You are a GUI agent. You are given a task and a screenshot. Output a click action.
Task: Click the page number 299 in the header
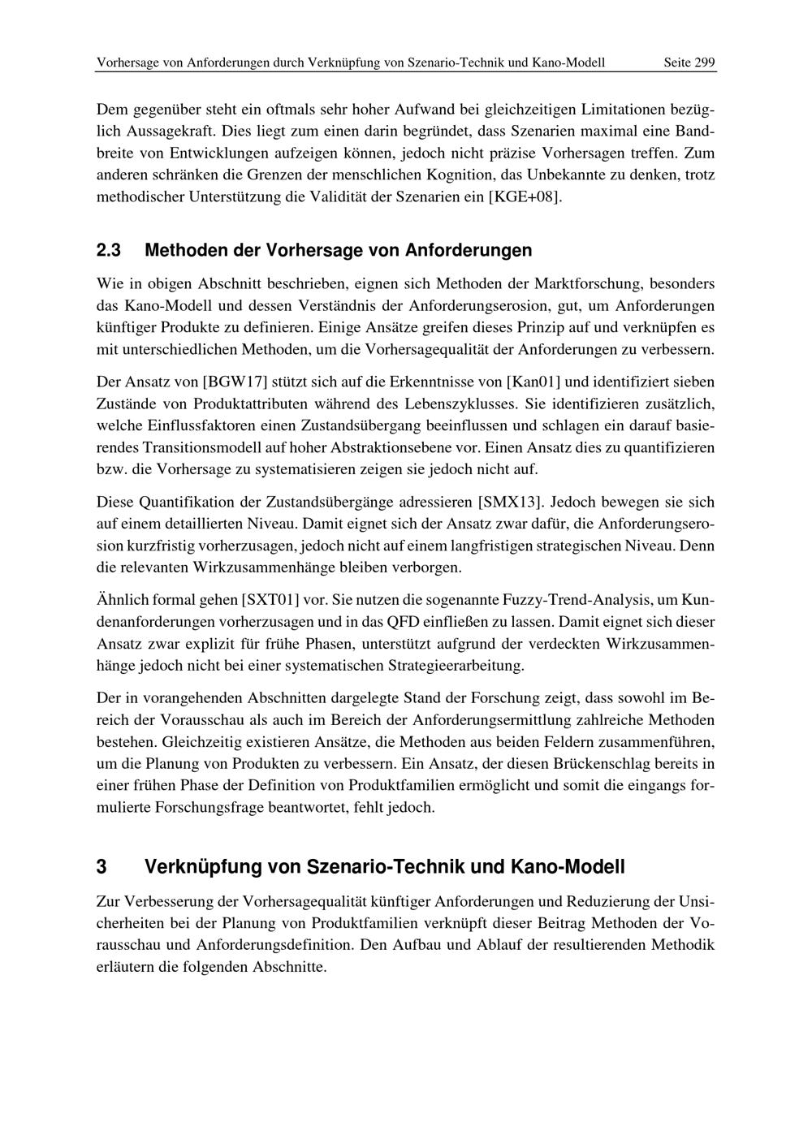[x=703, y=63]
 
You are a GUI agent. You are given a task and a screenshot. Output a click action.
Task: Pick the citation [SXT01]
[x=270, y=601]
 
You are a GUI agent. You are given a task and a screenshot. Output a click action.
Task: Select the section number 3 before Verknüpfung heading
[x=101, y=867]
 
